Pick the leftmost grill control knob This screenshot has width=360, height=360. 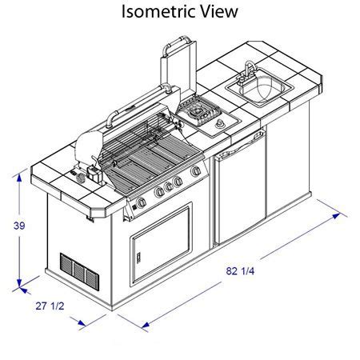[x=142, y=202]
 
